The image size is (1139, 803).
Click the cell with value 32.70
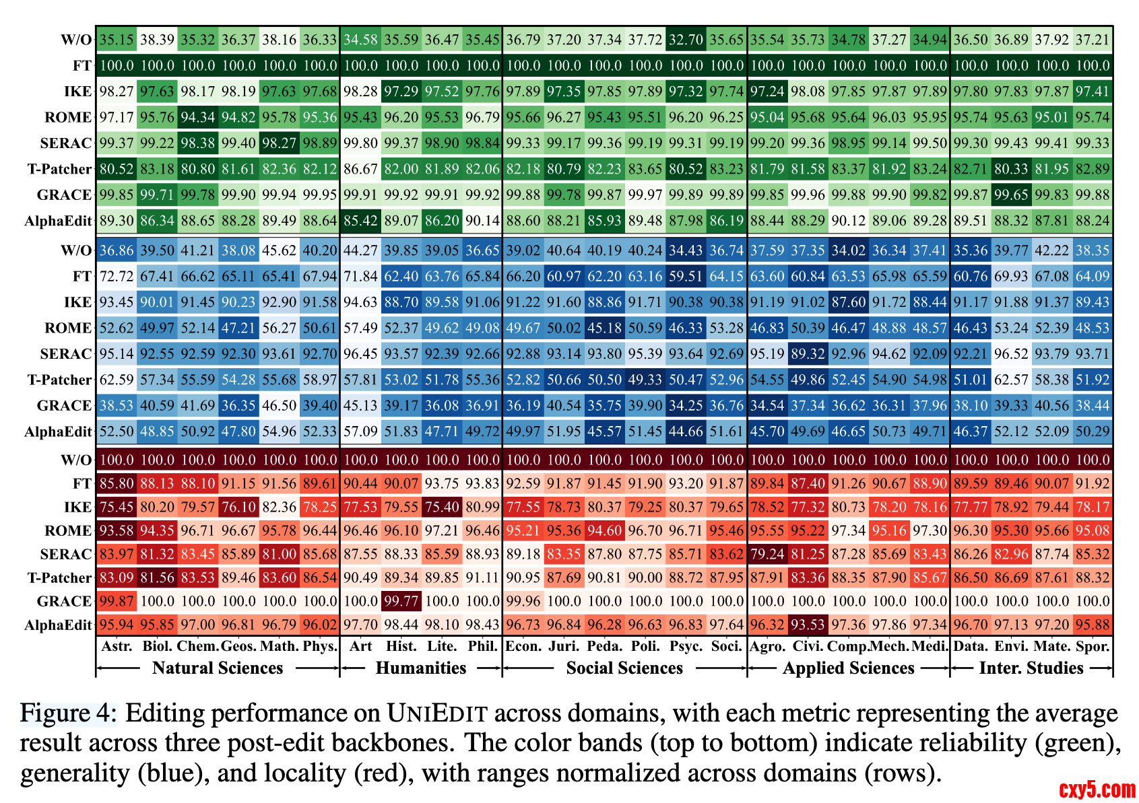click(686, 40)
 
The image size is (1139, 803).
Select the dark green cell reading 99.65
click(1011, 195)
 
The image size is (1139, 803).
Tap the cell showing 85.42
click(360, 221)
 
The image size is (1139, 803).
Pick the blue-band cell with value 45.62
click(279, 250)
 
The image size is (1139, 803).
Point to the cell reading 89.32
click(808, 354)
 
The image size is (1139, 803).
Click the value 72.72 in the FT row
click(117, 277)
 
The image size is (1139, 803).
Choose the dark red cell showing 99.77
click(401, 601)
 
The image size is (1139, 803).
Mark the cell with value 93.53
click(808, 625)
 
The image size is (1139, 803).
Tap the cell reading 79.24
click(767, 554)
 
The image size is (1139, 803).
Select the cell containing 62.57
click(1011, 380)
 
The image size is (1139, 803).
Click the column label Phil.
click(482, 647)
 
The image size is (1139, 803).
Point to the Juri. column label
click(564, 647)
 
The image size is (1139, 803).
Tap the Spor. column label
click(1092, 647)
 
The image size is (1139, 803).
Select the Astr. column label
click(117, 647)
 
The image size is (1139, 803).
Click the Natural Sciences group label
click(218, 668)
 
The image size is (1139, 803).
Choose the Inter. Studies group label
click(1031, 668)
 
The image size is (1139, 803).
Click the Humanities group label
click(421, 668)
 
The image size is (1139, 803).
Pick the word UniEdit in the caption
click(436, 713)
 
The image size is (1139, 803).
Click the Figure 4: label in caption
click(69, 713)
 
